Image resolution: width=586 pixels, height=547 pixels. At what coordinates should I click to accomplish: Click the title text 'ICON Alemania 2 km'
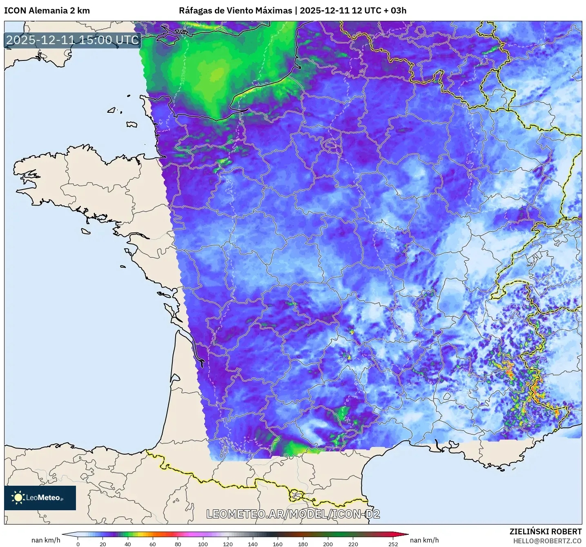click(x=47, y=11)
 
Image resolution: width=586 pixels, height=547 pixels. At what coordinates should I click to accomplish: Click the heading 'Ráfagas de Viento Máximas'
click(x=236, y=11)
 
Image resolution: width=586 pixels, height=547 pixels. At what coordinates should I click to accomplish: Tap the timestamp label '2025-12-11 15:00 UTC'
click(x=73, y=40)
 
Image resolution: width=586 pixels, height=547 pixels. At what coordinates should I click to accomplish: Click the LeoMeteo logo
click(x=40, y=498)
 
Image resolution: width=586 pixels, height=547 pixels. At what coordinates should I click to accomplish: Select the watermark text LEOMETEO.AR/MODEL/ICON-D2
click(x=293, y=514)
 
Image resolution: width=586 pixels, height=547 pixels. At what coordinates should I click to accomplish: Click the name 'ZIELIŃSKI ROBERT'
click(x=545, y=531)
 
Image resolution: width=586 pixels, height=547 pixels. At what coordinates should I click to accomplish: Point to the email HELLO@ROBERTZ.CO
click(x=547, y=541)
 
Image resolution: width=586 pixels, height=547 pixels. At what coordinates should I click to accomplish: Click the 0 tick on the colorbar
click(x=78, y=544)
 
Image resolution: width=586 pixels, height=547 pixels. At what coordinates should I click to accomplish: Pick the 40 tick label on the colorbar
click(x=128, y=544)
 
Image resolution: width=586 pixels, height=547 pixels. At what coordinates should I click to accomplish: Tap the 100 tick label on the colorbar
click(x=203, y=544)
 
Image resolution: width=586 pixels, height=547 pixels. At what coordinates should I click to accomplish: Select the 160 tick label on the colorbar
click(x=278, y=544)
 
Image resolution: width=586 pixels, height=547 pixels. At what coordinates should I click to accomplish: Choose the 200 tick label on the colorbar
click(x=328, y=544)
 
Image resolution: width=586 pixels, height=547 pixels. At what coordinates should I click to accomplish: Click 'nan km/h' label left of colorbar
click(x=46, y=540)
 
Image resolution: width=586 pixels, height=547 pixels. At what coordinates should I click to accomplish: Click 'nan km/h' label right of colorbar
click(x=424, y=540)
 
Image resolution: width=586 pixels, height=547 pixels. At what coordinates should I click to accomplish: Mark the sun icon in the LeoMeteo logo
click(x=18, y=498)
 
